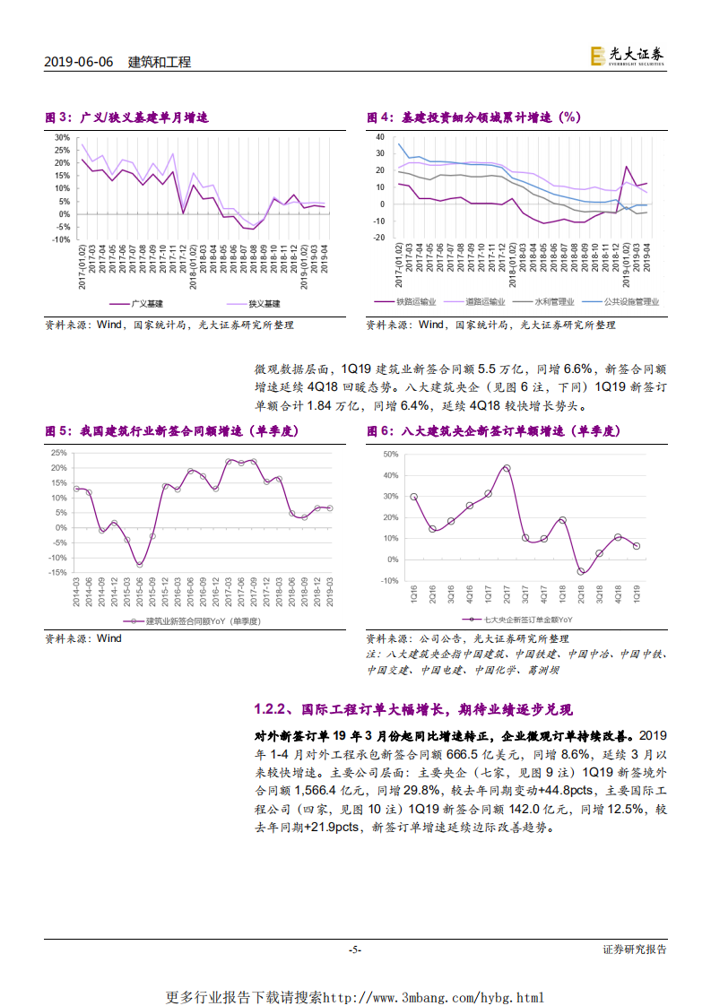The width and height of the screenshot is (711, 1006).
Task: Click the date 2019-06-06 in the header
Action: pyautogui.click(x=79, y=62)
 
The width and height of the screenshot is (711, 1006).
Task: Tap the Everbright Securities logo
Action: pyautogui.click(x=627, y=56)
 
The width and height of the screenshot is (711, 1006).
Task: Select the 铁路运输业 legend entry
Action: pyautogui.click(x=416, y=302)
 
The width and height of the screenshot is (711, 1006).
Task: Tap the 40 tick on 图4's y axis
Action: pyautogui.click(x=379, y=138)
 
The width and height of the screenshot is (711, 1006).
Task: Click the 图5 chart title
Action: pyautogui.click(x=172, y=431)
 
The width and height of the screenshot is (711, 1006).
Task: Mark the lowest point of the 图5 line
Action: pyautogui.click(x=139, y=564)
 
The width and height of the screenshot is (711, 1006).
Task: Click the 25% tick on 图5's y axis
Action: pyautogui.click(x=58, y=452)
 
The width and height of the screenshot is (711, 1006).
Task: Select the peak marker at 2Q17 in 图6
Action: pyautogui.click(x=507, y=468)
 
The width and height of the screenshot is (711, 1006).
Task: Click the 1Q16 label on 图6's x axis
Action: pyautogui.click(x=413, y=594)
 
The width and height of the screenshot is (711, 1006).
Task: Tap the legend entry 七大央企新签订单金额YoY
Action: pyautogui.click(x=528, y=619)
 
